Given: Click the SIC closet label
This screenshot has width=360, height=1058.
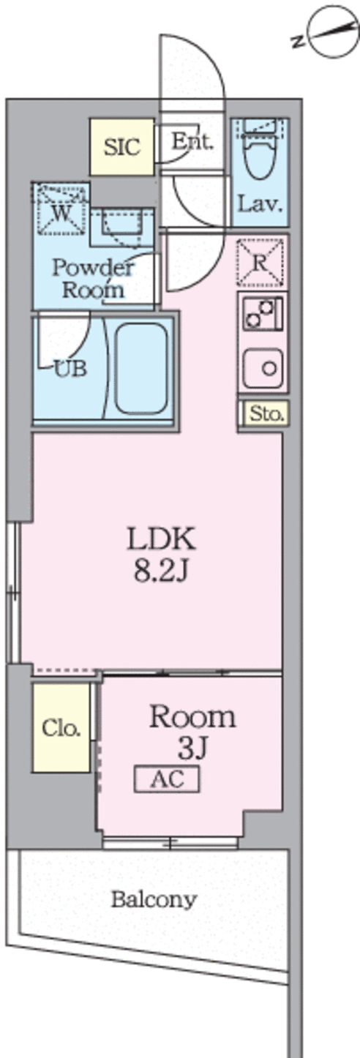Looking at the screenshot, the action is pyautogui.click(x=122, y=147).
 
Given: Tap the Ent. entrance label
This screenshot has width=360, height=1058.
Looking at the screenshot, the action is pyautogui.click(x=192, y=141).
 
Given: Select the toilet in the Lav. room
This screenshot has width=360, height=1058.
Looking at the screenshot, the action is pyautogui.click(x=259, y=149).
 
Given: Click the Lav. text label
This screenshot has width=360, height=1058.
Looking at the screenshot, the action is pyautogui.click(x=260, y=204).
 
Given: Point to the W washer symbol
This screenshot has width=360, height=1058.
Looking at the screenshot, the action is pyautogui.click(x=61, y=209).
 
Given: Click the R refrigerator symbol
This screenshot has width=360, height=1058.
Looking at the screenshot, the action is pyautogui.click(x=261, y=263).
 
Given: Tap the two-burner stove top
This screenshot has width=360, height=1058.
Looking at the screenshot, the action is pyautogui.click(x=261, y=313).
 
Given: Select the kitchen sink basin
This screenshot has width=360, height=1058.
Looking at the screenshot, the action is pyautogui.click(x=263, y=369).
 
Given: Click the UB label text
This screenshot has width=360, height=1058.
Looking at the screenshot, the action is pyautogui.click(x=71, y=369).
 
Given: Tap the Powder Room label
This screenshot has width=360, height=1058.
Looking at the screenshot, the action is pyautogui.click(x=93, y=278).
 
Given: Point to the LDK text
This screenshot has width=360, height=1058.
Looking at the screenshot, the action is pyautogui.click(x=161, y=539).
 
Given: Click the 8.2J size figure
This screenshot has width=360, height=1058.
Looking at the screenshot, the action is pyautogui.click(x=161, y=571).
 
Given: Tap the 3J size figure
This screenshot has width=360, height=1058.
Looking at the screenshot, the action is pyautogui.click(x=192, y=748).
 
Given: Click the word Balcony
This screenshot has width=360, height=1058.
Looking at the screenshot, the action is pyautogui.click(x=154, y=900).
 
